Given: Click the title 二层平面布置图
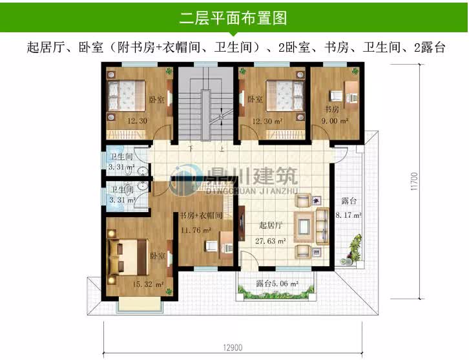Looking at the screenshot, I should (233, 17).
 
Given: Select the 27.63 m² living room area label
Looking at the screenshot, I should (271, 240).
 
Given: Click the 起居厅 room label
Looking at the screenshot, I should (270, 226).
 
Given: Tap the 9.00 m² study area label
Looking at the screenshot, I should (336, 120).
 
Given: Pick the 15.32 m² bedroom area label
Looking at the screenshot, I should (148, 282).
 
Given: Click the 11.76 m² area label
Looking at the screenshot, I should (196, 229).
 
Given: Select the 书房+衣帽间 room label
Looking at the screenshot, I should (201, 216).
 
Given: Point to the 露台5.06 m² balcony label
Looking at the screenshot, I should (276, 283).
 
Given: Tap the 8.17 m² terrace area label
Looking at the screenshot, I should (348, 216).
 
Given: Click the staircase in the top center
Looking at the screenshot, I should (205, 103).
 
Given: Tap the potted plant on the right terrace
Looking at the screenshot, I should (354, 249).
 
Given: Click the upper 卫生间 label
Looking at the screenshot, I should (121, 157).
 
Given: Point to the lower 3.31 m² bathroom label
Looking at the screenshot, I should (121, 200).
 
